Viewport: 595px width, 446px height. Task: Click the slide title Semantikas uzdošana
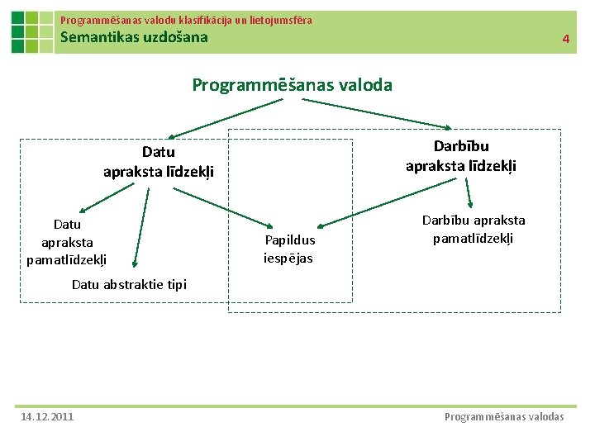pyautogui.click(x=135, y=37)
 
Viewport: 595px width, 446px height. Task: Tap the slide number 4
pyautogui.click(x=566, y=39)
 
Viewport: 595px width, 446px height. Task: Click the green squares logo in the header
pyautogui.click(x=32, y=32)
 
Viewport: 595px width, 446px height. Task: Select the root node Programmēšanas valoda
pyautogui.click(x=292, y=85)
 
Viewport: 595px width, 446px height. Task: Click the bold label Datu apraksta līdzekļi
pyautogui.click(x=158, y=162)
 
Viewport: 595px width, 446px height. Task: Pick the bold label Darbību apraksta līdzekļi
pyautogui.click(x=460, y=155)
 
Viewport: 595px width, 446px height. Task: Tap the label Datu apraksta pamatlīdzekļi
pyautogui.click(x=67, y=242)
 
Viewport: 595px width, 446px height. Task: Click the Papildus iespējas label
pyautogui.click(x=289, y=249)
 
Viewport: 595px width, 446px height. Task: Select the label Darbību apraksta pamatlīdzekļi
pyautogui.click(x=473, y=229)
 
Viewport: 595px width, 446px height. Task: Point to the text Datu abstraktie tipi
pyautogui.click(x=129, y=284)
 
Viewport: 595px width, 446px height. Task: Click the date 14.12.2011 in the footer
pyautogui.click(x=47, y=416)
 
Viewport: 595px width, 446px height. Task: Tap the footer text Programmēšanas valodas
pyautogui.click(x=504, y=416)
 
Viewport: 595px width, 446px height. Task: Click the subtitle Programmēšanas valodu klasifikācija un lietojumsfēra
pyautogui.click(x=186, y=19)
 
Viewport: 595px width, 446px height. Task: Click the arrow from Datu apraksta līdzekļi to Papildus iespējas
pyautogui.click(x=223, y=206)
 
